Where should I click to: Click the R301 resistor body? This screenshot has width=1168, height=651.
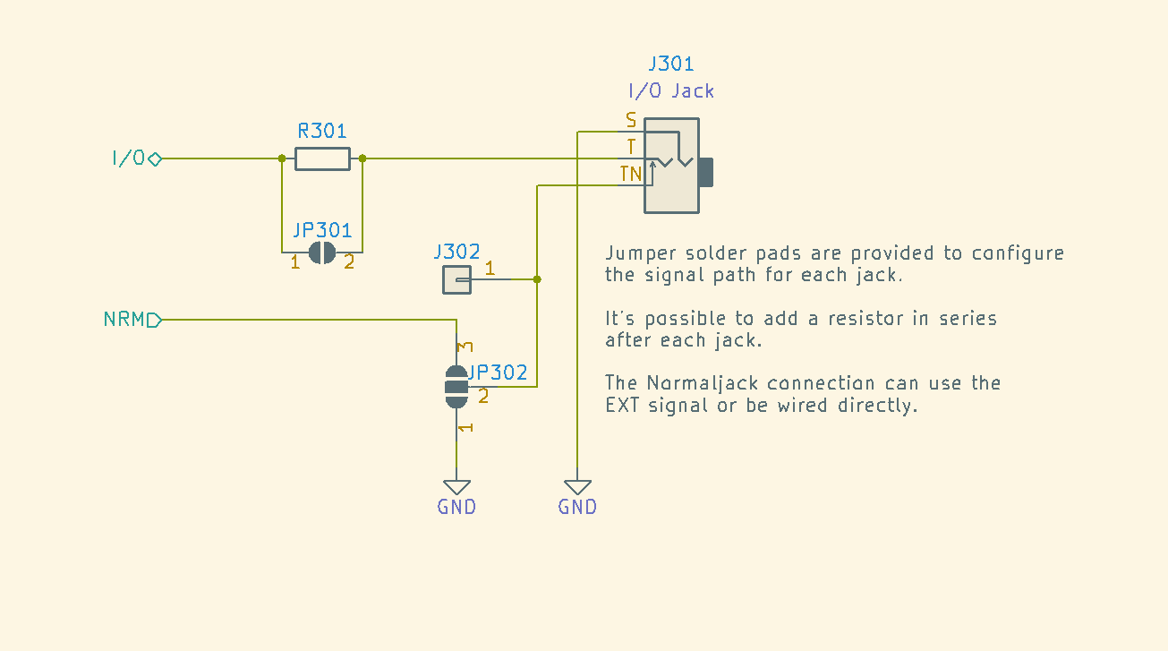[322, 158]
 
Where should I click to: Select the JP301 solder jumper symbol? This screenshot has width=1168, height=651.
[322, 253]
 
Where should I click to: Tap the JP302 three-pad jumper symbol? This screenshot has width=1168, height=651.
[456, 387]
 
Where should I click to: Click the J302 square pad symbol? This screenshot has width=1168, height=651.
[456, 280]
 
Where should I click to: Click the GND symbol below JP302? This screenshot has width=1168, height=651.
[456, 488]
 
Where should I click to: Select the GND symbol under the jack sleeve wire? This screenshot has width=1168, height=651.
[577, 488]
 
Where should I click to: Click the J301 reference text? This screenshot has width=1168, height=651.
[670, 64]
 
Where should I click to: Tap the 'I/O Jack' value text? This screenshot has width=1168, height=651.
[670, 90]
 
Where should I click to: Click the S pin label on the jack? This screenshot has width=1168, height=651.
[631, 120]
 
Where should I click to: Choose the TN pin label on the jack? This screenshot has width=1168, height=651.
[630, 174]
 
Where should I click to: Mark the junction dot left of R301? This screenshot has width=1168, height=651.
[282, 158]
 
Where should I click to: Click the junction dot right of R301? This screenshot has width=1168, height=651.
[362, 158]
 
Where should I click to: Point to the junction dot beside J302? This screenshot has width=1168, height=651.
[537, 279]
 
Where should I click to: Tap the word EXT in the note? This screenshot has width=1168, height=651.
[622, 405]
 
